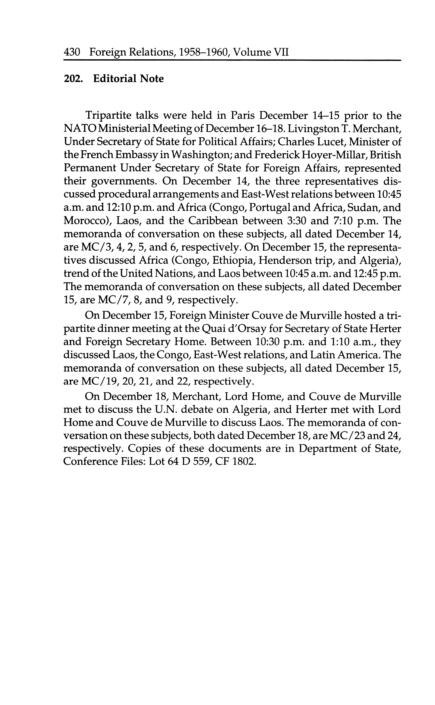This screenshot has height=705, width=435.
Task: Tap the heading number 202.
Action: click(x=73, y=79)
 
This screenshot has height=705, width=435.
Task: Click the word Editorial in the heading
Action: click(x=115, y=79)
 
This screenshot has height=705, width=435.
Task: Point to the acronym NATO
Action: click(x=80, y=128)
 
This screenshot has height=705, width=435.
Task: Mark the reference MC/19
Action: click(x=100, y=381)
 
